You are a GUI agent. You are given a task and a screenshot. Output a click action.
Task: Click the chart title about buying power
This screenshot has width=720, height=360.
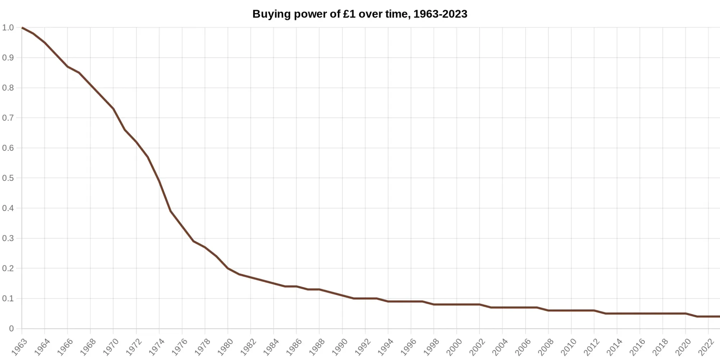360,14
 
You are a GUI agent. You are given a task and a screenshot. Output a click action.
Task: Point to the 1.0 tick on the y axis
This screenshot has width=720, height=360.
8,28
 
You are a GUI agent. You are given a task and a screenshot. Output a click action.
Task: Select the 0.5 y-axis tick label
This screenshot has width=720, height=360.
8,178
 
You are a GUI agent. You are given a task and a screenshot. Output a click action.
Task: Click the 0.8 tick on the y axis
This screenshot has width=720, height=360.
8,88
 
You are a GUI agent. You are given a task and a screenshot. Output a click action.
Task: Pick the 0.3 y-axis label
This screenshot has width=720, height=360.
8,238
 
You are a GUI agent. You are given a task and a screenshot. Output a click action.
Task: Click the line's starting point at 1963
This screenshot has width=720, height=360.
22,28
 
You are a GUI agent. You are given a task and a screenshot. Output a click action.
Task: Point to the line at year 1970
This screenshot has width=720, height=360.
113,109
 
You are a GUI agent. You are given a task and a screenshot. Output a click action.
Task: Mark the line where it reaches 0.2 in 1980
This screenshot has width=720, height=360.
228,268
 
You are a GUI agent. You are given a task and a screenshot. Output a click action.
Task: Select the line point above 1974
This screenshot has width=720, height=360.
159,181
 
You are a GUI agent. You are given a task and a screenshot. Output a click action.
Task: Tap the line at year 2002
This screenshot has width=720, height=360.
480,305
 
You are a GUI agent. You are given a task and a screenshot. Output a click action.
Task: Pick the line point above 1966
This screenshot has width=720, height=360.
68,67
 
